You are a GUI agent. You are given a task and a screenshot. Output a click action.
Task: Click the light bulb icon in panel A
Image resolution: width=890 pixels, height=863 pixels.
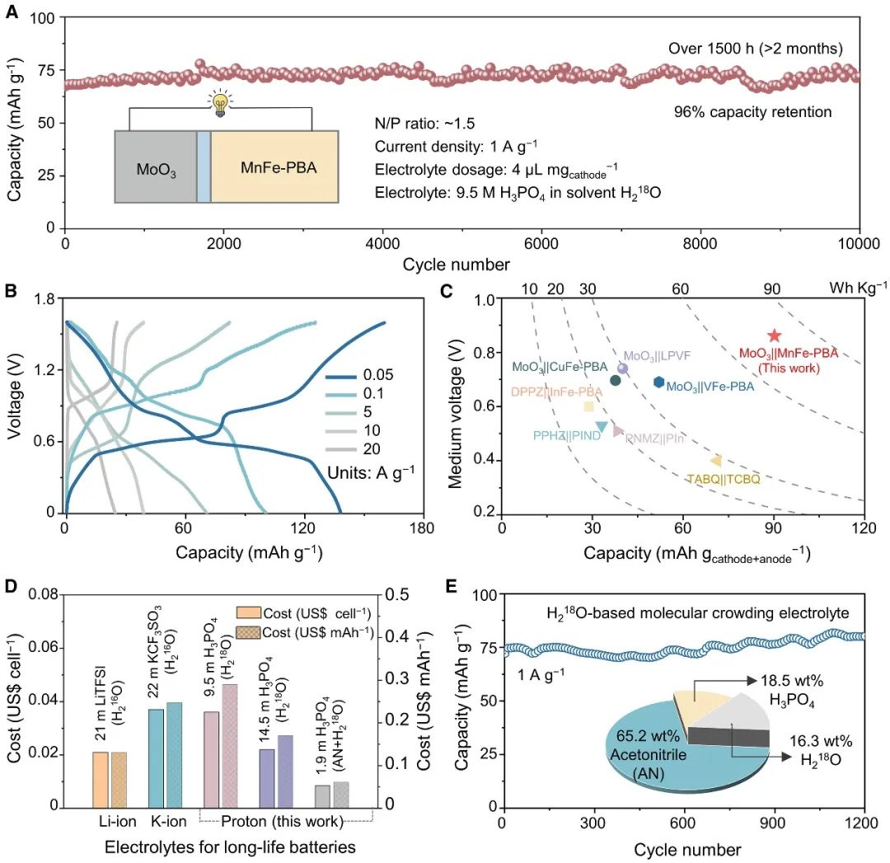pos(219,106)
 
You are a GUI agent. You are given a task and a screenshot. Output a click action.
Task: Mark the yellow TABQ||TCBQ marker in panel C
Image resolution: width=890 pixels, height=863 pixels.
pos(716,461)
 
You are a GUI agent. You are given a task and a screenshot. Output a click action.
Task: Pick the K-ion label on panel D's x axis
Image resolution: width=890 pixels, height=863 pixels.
pos(163,822)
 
